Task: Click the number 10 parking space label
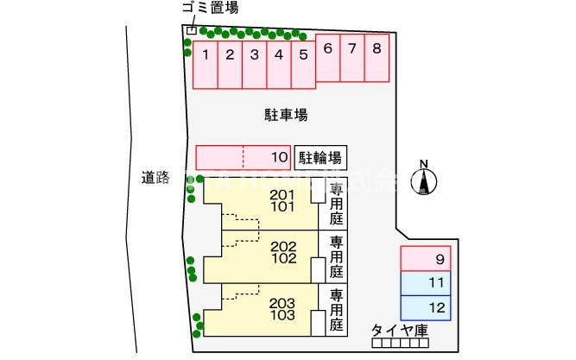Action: tap(278, 157)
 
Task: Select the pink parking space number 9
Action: tap(426, 259)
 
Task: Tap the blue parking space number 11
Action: tap(426, 282)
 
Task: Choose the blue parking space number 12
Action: tap(426, 306)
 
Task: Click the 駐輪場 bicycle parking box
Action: tap(320, 157)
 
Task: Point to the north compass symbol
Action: tap(424, 180)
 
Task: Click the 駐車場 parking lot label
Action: tap(286, 114)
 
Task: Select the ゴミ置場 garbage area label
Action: tap(210, 9)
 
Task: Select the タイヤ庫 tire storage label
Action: tap(400, 330)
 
